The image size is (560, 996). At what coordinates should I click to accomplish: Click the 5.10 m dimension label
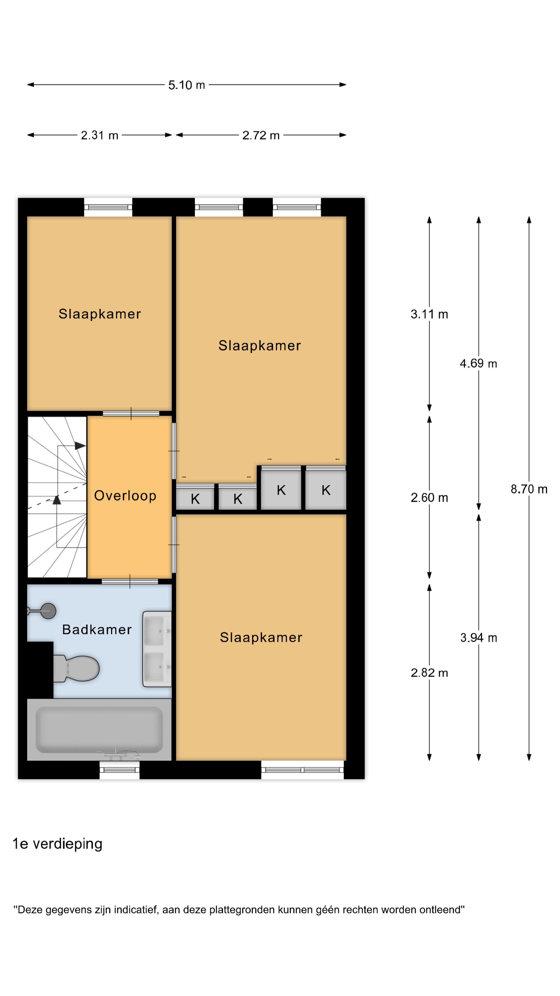click(x=186, y=85)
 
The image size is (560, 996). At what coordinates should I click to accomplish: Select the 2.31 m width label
click(x=99, y=135)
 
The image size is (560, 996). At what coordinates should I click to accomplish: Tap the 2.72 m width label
click(x=261, y=135)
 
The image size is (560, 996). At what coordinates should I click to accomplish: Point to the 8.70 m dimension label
click(x=529, y=489)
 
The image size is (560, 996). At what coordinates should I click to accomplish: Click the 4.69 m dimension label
click(x=478, y=363)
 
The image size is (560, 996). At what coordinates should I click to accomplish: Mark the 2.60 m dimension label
click(x=429, y=498)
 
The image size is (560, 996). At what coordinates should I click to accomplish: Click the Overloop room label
click(x=125, y=496)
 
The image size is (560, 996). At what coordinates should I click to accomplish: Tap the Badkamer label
click(x=97, y=630)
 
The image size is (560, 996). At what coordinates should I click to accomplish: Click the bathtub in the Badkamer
click(x=99, y=730)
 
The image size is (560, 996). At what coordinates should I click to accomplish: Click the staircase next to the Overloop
click(x=57, y=497)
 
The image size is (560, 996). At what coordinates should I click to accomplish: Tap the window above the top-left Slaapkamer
click(x=108, y=207)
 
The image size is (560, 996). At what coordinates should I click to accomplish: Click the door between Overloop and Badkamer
click(x=130, y=582)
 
